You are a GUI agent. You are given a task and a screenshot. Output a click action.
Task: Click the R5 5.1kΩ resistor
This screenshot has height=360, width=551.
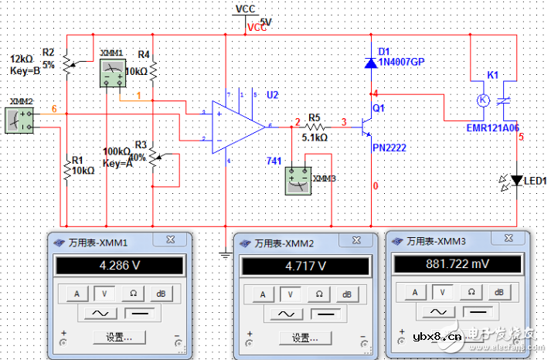pyautogui.click(x=315, y=124)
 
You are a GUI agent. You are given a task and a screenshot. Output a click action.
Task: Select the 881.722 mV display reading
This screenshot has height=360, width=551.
pyautogui.click(x=452, y=265)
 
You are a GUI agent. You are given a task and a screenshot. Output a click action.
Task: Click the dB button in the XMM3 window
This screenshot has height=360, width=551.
pyautogui.click(x=498, y=292)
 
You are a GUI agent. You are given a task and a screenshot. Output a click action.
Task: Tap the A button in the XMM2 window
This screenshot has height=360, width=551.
pyautogui.click(x=262, y=294)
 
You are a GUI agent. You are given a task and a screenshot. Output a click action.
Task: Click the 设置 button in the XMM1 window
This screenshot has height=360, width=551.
pyautogui.click(x=118, y=338)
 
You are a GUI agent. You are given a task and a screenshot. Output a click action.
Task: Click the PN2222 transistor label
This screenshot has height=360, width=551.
pyautogui.click(x=389, y=148)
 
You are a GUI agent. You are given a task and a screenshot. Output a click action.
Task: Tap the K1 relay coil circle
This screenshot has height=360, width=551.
pyautogui.click(x=482, y=100)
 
